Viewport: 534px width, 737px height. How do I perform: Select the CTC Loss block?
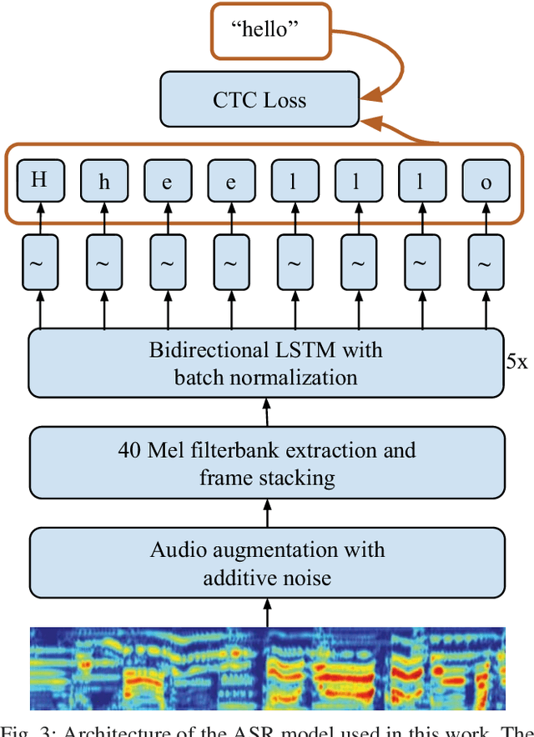[259, 101]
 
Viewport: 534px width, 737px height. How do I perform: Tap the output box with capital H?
[39, 179]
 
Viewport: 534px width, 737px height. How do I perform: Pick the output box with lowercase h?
[103, 179]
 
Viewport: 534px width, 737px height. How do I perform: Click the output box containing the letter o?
[486, 179]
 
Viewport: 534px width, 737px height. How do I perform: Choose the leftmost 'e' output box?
[167, 179]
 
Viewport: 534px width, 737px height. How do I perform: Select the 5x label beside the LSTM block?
[517, 363]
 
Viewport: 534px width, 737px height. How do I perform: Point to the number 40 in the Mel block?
[129, 450]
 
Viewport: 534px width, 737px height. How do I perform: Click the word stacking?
[293, 478]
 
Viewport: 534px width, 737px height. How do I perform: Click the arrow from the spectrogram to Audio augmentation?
[267, 615]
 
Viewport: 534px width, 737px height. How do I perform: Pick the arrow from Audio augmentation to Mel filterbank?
[267, 515]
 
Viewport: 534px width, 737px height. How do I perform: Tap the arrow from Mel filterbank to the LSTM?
[267, 414]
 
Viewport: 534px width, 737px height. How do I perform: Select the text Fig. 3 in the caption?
[27, 730]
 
